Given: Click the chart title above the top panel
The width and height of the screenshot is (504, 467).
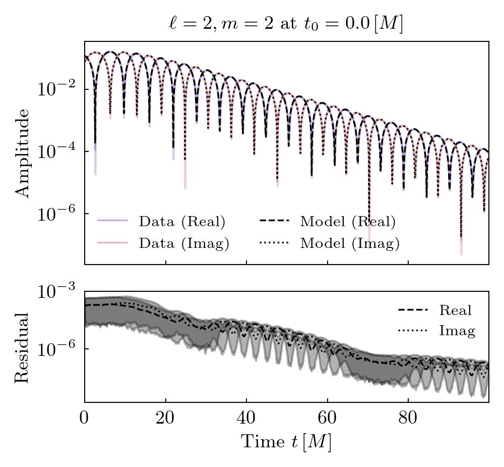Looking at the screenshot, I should tap(286, 24).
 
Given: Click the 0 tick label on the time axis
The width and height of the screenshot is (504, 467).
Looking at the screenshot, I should tap(85, 419).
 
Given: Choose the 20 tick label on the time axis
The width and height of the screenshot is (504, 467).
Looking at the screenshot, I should tap(165, 419).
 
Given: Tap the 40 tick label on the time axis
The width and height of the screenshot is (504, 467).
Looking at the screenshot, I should tap(246, 419).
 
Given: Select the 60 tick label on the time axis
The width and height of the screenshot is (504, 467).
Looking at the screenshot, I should tap(327, 419).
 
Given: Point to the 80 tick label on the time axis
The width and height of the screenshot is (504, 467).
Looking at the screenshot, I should tap(408, 419).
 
